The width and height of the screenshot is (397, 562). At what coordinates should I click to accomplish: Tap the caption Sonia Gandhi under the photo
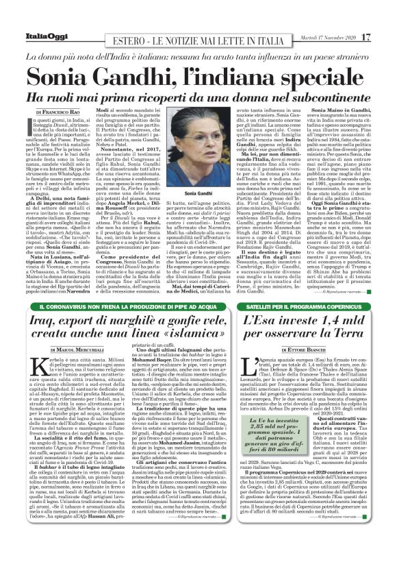199,195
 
